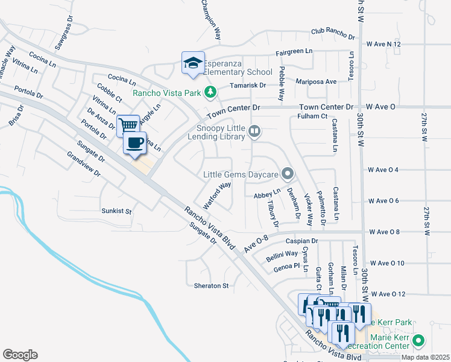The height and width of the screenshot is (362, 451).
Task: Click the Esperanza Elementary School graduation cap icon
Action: coord(192,62)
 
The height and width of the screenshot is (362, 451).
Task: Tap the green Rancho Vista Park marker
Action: coord(210,93)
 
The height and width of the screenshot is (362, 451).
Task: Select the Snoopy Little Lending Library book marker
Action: coord(255,131)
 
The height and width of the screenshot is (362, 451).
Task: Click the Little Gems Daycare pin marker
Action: coord(288,175)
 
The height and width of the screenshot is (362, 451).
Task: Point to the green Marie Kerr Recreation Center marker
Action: coord(419,342)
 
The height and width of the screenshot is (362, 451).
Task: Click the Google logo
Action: coord(20,355)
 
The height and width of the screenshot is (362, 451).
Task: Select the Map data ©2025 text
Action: coord(425,357)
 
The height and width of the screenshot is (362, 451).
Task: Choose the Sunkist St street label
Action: coord(116,211)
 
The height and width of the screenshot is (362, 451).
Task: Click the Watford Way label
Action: coord(217,195)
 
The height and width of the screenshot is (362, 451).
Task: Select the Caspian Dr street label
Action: coord(301,241)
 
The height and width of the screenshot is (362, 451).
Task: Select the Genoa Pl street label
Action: coord(286,266)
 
